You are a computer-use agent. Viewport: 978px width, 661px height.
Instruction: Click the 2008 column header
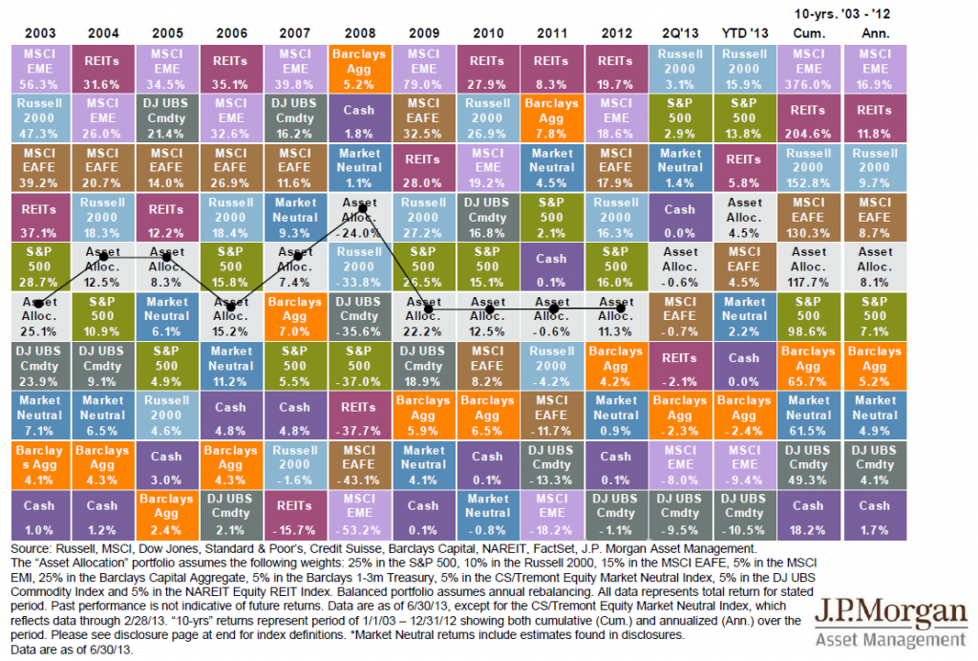click(358, 32)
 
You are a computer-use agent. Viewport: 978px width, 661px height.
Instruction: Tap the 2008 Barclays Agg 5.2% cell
click(358, 69)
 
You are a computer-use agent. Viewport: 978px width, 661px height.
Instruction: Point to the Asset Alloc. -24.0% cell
click(358, 218)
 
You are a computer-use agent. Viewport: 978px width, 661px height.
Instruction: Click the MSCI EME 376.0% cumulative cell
click(808, 69)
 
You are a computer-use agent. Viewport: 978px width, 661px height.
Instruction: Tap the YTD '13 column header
click(743, 32)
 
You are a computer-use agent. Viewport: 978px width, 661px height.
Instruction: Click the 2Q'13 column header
click(679, 32)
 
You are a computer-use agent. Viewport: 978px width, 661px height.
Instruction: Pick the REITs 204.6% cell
click(808, 118)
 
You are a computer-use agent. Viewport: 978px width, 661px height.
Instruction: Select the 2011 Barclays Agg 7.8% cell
click(551, 118)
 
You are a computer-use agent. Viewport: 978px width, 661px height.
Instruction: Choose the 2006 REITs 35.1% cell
click(230, 69)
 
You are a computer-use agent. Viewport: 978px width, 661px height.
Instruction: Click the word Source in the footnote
click(30, 550)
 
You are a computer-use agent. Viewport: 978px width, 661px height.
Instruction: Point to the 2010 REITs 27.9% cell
click(487, 69)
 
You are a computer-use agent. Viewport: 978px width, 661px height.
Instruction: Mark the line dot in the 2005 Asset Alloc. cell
click(168, 257)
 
